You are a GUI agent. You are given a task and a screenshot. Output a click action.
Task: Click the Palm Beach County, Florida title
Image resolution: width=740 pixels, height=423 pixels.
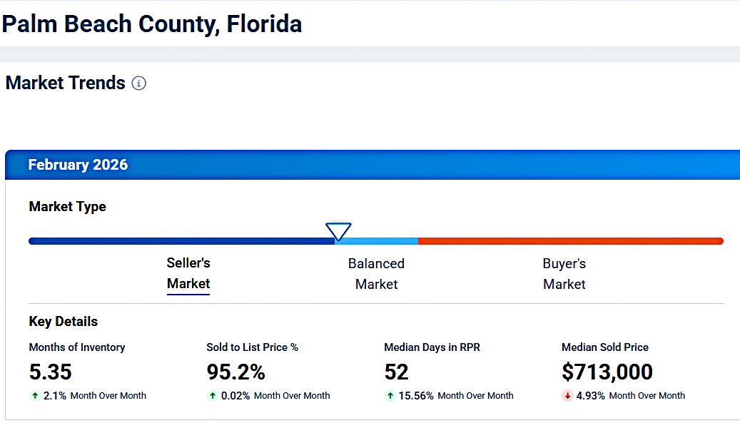click(152, 24)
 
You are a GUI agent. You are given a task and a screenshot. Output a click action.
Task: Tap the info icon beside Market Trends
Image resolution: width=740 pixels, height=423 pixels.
click(139, 83)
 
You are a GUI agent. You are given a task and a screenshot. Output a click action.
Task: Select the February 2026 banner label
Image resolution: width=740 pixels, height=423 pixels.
click(78, 165)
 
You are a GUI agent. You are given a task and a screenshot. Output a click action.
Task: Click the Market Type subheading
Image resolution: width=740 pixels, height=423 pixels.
click(67, 207)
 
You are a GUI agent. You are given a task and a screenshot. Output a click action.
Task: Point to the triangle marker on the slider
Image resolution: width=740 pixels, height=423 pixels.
click(338, 231)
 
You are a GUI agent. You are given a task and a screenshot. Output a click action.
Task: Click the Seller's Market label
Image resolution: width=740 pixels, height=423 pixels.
click(188, 273)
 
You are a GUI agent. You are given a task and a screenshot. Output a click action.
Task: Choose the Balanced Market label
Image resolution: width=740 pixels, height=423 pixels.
click(376, 274)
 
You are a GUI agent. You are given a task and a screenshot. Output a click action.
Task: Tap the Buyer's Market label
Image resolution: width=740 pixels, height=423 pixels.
click(564, 274)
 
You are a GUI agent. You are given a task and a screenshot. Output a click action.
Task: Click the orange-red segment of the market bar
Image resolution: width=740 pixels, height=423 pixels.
click(571, 241)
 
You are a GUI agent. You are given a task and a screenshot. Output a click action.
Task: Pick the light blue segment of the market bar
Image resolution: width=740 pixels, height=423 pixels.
click(376, 241)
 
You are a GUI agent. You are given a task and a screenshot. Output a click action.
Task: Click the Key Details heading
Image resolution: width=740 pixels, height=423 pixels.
click(63, 322)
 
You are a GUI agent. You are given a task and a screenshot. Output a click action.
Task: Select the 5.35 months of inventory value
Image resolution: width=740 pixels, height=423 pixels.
click(50, 372)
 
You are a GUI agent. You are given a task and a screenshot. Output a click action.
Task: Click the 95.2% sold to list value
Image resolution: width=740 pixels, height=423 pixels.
click(235, 372)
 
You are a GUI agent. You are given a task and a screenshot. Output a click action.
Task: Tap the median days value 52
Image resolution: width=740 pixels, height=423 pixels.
click(396, 372)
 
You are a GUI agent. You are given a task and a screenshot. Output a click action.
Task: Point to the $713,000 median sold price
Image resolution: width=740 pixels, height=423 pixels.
click(607, 372)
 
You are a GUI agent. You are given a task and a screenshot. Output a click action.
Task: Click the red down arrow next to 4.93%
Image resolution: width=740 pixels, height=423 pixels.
click(568, 396)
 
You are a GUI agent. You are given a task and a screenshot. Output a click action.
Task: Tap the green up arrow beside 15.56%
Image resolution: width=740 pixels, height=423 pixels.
click(390, 396)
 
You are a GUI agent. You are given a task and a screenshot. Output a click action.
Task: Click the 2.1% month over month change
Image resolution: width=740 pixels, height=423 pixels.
click(55, 396)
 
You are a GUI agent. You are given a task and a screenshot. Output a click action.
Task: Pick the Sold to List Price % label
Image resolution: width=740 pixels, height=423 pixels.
click(252, 347)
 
